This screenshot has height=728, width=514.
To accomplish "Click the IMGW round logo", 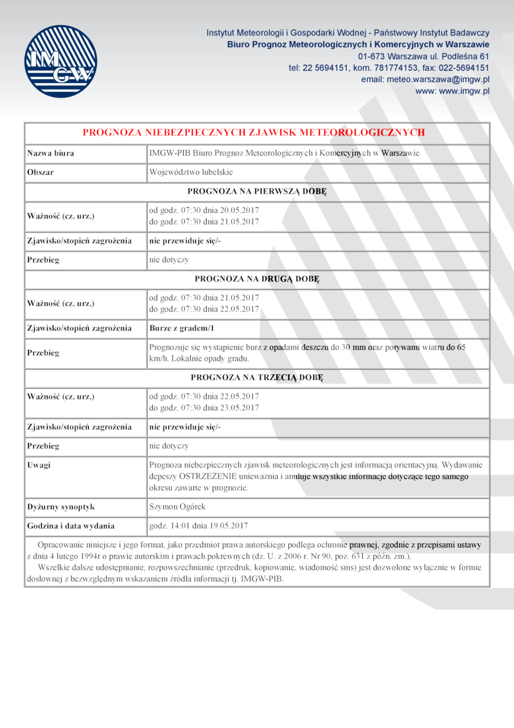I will coord(62,62).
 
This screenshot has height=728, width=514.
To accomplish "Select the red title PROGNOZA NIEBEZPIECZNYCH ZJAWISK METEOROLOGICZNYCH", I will coord(254,132).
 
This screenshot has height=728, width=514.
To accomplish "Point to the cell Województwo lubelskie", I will coord(191,172).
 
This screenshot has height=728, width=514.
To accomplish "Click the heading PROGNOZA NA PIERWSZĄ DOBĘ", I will coord(257,192).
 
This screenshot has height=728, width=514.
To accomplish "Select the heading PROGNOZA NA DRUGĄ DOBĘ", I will coord(257,279).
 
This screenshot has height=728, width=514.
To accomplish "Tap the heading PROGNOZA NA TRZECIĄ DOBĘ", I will coord(257,378).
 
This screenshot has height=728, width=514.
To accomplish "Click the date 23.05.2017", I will coord(239,408).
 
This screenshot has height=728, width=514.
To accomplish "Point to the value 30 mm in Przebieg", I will coord(353,347).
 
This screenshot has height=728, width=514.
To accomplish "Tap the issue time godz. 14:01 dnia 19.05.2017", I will coord(199,525).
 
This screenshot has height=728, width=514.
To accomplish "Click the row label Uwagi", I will coord(39,464).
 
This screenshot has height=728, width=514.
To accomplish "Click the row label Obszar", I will coord(40,172).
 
